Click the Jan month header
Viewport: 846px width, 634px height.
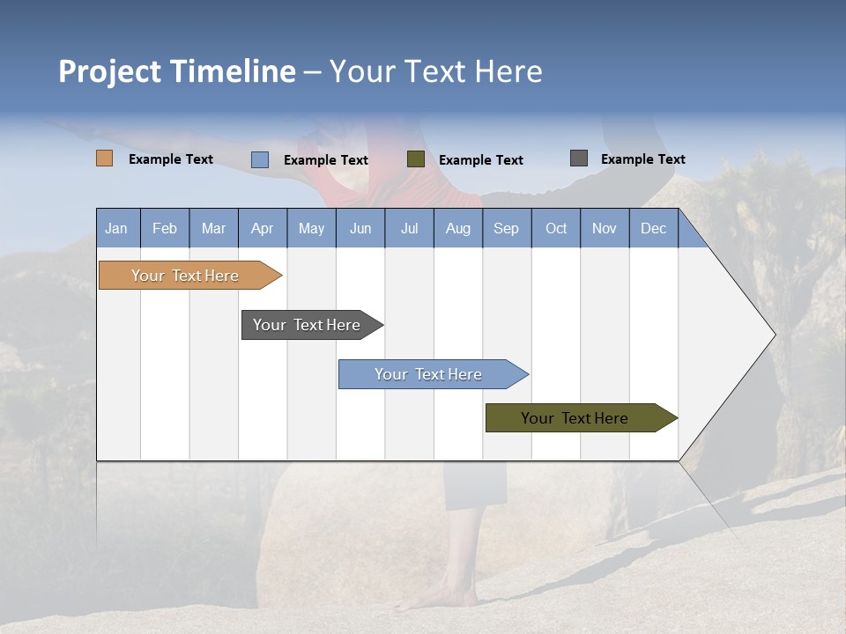click(x=117, y=229)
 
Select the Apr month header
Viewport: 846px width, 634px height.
click(x=263, y=229)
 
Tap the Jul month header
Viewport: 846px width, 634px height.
click(x=409, y=229)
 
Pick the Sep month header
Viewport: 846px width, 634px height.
click(x=507, y=229)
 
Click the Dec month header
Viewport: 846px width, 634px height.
click(x=653, y=229)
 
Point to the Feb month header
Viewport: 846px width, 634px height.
click(x=165, y=229)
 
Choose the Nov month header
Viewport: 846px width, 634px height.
click(x=605, y=229)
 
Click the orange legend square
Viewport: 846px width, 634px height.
click(x=105, y=158)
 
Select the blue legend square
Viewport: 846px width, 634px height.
click(x=260, y=159)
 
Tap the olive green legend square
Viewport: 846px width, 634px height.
click(x=416, y=159)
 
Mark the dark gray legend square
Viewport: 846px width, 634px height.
click(x=579, y=158)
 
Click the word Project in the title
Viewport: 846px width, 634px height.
click(x=110, y=71)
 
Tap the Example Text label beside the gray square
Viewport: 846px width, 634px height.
click(x=642, y=159)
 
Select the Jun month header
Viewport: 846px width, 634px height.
click(x=360, y=229)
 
